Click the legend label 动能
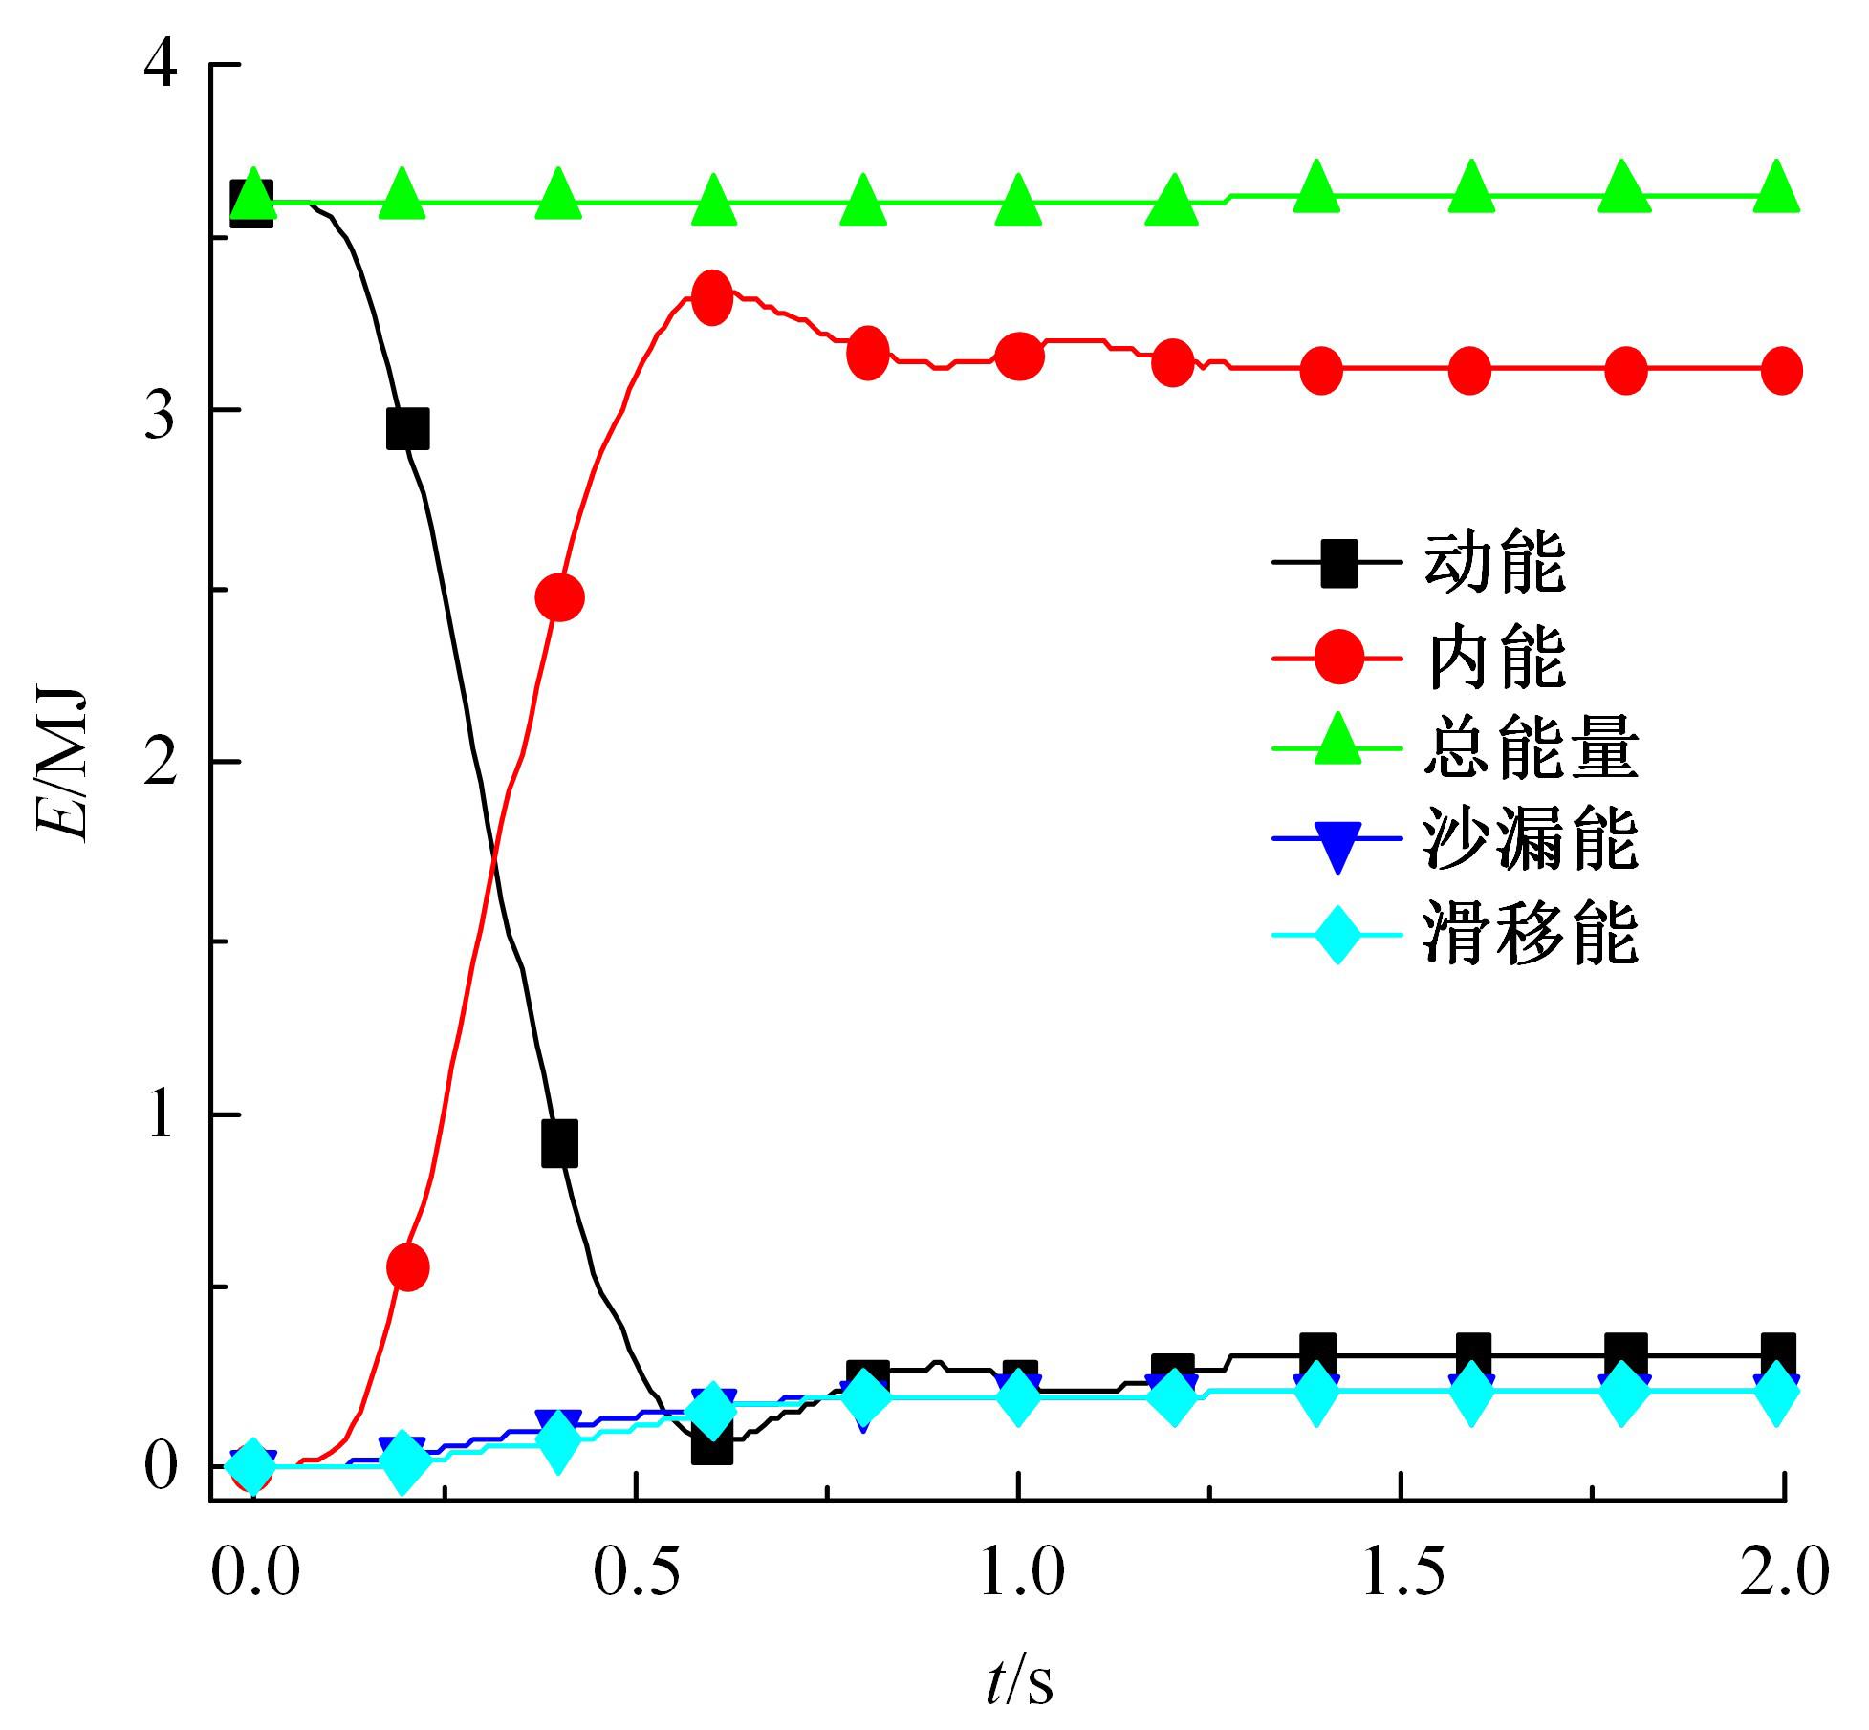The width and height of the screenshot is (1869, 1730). coord(1494,563)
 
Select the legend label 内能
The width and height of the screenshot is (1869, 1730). coord(1494,658)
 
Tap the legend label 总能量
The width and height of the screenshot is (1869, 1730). coord(1531,749)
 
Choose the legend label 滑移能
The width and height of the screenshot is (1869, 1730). coord(1531,933)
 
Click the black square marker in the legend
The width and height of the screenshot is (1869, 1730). coord(1337,563)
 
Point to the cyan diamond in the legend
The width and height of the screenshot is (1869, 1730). coord(1337,933)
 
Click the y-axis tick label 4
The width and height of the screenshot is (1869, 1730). coord(161,64)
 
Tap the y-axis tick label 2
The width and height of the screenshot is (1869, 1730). coord(161,762)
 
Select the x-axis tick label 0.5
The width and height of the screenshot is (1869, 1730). coord(636,1573)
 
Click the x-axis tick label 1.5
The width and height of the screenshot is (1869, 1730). coord(1402,1573)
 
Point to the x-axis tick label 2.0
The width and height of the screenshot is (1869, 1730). coord(1783,1573)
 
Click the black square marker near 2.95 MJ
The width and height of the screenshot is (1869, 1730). coord(407,429)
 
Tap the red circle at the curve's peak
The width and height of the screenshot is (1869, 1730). coord(711,297)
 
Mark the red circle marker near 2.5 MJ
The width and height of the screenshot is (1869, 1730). coord(560,597)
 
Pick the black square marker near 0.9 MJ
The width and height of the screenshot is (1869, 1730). coord(559,1144)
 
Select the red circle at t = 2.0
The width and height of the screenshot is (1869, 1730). coord(1781,371)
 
